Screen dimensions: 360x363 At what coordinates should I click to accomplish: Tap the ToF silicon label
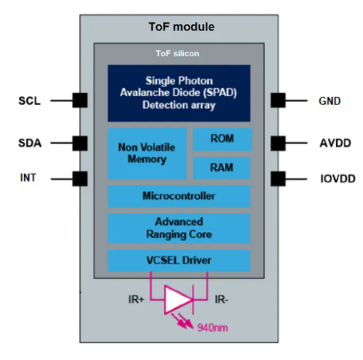pyautogui.click(x=178, y=53)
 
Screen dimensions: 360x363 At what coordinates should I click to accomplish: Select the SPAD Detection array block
pyautogui.click(x=179, y=93)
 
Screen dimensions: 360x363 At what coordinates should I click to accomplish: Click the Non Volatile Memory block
pyautogui.click(x=147, y=153)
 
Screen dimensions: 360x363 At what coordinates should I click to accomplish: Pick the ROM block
pyautogui.click(x=222, y=139)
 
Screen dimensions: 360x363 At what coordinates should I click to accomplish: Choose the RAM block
pyautogui.click(x=222, y=168)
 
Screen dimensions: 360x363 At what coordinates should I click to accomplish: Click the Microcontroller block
pyautogui.click(x=179, y=196)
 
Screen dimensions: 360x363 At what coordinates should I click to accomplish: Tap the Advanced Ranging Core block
pyautogui.click(x=179, y=228)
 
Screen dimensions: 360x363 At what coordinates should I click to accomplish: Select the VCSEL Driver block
pyautogui.click(x=179, y=260)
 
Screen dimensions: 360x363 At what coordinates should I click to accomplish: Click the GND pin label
pyautogui.click(x=330, y=101)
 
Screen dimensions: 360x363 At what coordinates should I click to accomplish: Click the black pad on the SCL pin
pyautogui.click(x=79, y=100)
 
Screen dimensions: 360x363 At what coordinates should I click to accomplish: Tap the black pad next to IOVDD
pyautogui.click(x=278, y=179)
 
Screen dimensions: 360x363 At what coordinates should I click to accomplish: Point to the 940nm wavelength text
pyautogui.click(x=213, y=327)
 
